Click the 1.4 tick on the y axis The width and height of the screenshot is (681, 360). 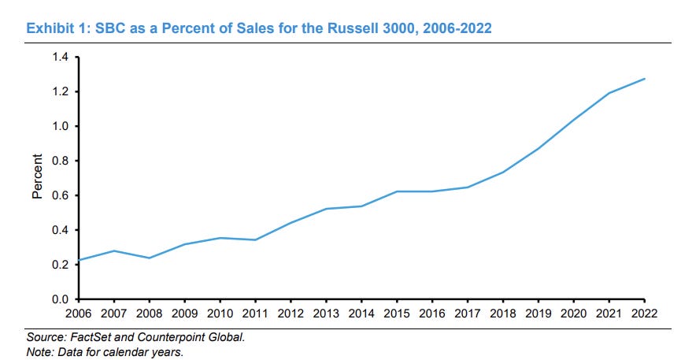(x=61, y=58)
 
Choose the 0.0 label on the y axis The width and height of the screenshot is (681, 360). (x=61, y=299)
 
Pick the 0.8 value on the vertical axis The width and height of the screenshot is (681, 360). (x=61, y=161)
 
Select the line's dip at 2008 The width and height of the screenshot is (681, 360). (x=148, y=258)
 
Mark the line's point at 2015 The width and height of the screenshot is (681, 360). (x=397, y=191)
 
